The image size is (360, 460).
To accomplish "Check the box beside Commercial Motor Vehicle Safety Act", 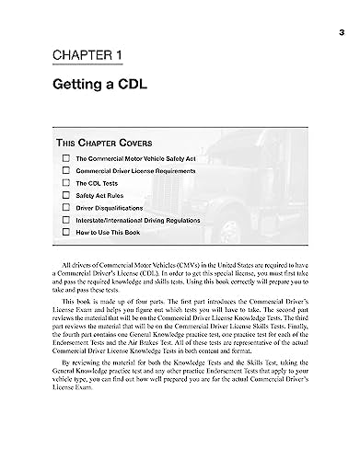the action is tap(65, 159).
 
